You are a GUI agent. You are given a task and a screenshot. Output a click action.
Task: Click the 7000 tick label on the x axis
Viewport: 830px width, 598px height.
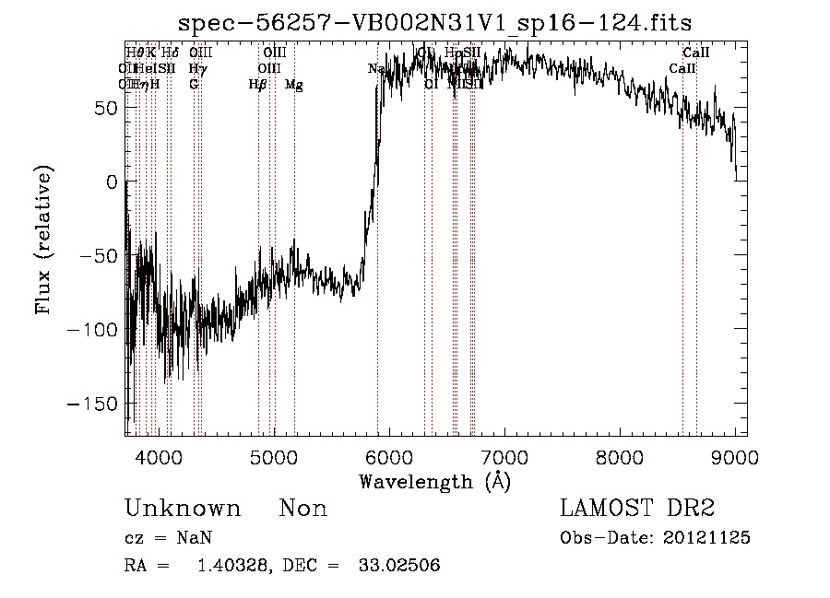point(504,456)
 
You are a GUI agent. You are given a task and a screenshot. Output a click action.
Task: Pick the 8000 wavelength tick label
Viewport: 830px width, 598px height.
point(620,456)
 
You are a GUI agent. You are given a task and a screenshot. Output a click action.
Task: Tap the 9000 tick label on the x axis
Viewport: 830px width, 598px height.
point(735,456)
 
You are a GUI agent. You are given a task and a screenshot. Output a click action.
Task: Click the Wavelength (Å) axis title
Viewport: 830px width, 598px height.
point(434,481)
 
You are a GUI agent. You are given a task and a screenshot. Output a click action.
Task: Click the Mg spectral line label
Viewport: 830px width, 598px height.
point(294,85)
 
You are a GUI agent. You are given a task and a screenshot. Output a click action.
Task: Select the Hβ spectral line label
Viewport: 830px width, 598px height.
point(257,85)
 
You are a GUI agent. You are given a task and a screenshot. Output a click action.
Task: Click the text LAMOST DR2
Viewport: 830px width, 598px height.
point(637,508)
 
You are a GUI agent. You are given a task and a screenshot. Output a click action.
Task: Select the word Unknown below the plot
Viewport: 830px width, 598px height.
point(183,509)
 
